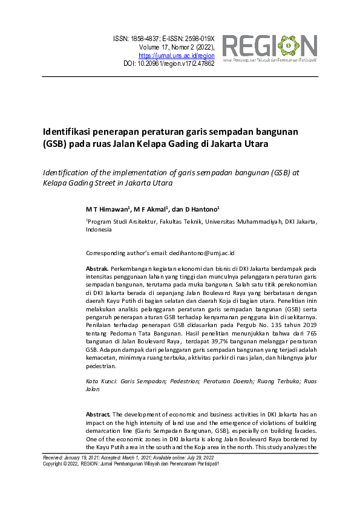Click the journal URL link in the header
(181, 55)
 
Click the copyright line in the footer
(130, 464)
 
